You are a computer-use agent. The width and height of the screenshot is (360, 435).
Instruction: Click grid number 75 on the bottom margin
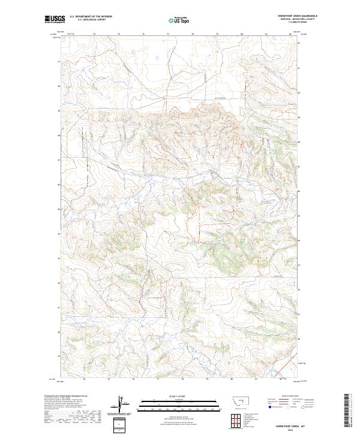click(109, 379)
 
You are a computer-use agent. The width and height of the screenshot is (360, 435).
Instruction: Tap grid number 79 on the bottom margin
click(207, 379)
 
